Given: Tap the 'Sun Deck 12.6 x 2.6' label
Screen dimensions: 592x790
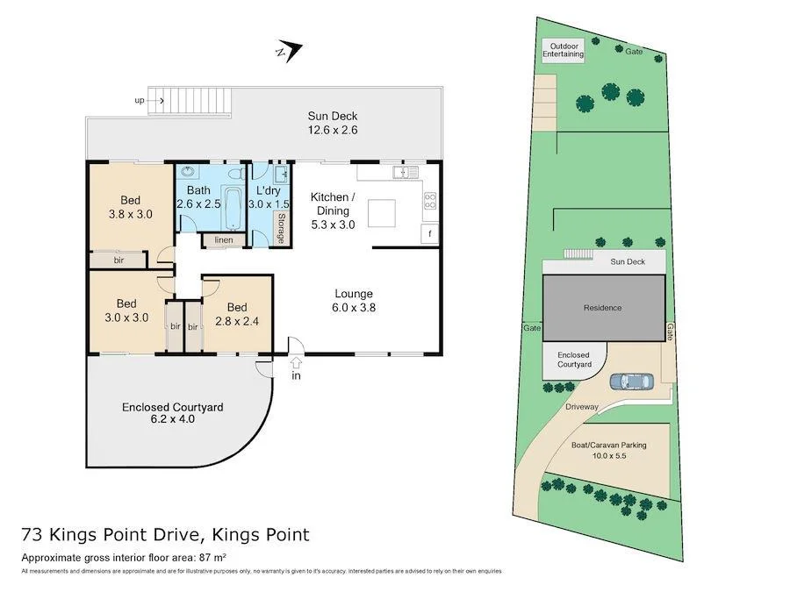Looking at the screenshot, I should pyautogui.click(x=332, y=123).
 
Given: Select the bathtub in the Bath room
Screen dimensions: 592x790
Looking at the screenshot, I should pyautogui.click(x=234, y=207).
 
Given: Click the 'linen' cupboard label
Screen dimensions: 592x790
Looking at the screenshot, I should pyautogui.click(x=223, y=239).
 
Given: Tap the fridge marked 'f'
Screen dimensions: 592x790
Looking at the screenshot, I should pyautogui.click(x=430, y=234).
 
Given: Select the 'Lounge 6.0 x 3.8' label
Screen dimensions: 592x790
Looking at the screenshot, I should pyautogui.click(x=354, y=300).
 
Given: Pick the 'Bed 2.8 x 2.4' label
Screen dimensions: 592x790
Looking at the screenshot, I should pyautogui.click(x=237, y=314).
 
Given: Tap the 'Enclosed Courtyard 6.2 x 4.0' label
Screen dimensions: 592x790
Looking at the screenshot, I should pyautogui.click(x=172, y=413).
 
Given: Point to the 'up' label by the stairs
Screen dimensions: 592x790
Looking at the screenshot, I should pyautogui.click(x=140, y=101).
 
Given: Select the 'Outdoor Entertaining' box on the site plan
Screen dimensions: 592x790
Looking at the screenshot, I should pyautogui.click(x=563, y=50).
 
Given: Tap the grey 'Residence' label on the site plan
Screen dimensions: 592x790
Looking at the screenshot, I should pyautogui.click(x=602, y=308).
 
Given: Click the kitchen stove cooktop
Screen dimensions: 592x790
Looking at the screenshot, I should pyautogui.click(x=430, y=201).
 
